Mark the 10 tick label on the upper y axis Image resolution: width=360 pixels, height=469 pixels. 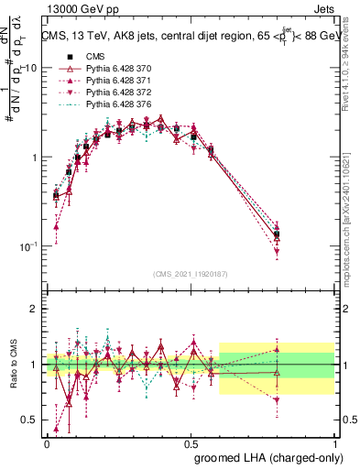pyautogui.click(x=29, y=68)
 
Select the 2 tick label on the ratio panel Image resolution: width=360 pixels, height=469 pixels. pyautogui.click(x=34, y=309)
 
